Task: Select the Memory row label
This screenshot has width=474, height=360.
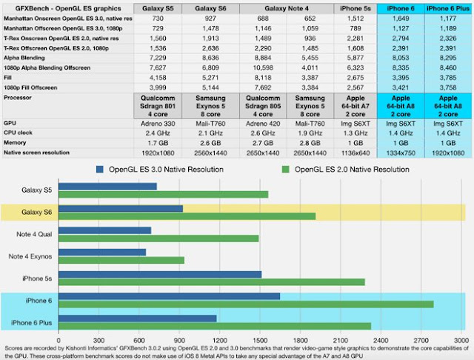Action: pyautogui.click(x=16, y=141)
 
